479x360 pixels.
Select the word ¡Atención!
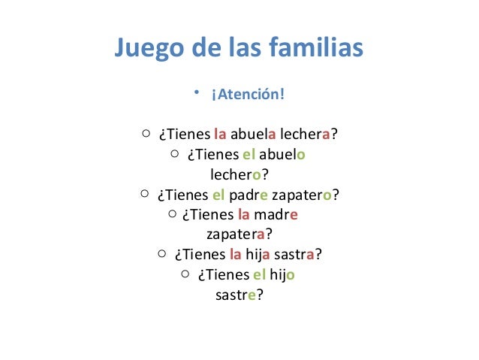(248, 96)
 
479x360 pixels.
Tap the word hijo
(283, 274)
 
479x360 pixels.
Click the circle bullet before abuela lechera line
(146, 135)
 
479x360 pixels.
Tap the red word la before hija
(236, 254)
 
